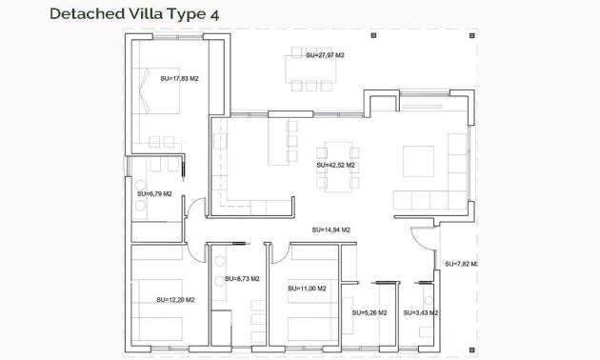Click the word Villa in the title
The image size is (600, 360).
[x=148, y=13]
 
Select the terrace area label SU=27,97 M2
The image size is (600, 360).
[x=325, y=56]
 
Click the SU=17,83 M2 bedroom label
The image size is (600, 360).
[x=179, y=79]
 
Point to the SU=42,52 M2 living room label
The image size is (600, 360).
[x=335, y=165]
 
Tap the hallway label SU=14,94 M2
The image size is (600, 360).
[x=330, y=230]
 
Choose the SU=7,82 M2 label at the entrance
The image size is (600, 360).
[x=460, y=264]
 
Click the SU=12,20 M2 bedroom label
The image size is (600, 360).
[x=175, y=300]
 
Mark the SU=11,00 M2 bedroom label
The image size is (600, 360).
[x=307, y=289]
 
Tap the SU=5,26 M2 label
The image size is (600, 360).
[x=368, y=312]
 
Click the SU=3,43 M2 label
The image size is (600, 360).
[x=420, y=312]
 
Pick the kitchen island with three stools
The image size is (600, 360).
[x=281, y=140]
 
